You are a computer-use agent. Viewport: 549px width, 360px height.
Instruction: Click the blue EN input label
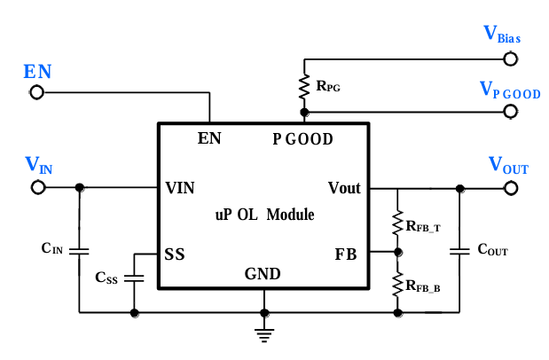[x=37, y=72]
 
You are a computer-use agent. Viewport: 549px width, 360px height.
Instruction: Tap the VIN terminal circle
[x=38, y=188]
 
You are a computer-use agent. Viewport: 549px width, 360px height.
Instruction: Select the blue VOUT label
[x=508, y=165]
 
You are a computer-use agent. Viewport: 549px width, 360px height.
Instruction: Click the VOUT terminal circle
[x=510, y=188]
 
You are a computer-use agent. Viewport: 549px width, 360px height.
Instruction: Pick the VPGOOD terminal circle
[x=510, y=112]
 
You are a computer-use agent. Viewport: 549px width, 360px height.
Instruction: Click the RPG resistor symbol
[x=304, y=86]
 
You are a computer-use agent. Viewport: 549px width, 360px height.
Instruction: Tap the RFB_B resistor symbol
[x=397, y=283]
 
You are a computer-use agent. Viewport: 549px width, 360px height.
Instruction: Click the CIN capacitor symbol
[x=80, y=250]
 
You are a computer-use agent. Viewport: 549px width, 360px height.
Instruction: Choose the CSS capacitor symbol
[x=135, y=277]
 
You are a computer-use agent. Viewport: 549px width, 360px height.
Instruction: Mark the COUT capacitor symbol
[x=459, y=250]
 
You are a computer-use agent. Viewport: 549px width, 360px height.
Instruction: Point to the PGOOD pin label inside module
[x=302, y=139]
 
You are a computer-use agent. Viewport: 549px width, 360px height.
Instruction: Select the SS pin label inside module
[x=174, y=254]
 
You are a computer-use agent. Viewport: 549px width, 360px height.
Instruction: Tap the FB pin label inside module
[x=346, y=254]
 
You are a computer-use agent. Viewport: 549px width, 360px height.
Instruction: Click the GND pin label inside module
[x=263, y=274]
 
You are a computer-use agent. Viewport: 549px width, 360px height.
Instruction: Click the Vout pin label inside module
[x=344, y=188]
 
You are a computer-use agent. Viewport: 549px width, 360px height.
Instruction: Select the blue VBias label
[x=502, y=35]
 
